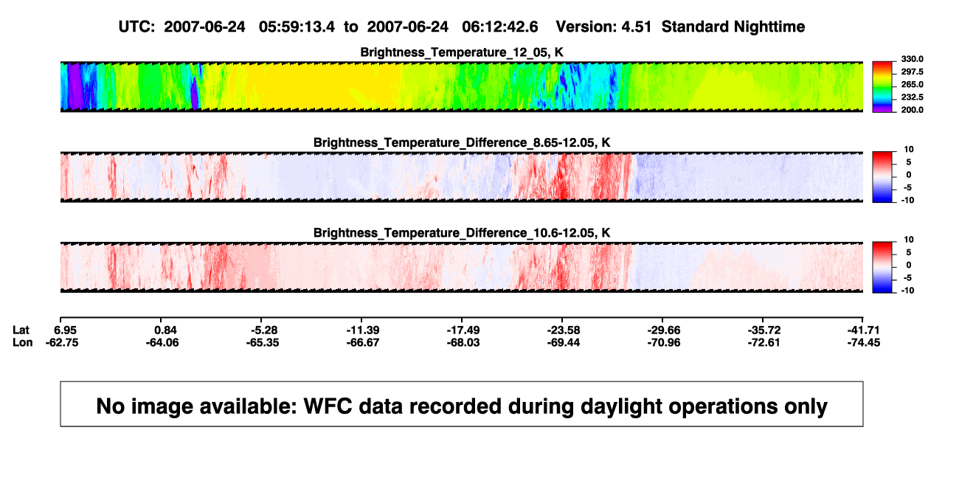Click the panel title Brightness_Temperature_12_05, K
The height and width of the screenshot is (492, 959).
pos(462,52)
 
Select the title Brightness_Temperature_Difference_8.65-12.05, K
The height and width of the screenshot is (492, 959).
pos(462,142)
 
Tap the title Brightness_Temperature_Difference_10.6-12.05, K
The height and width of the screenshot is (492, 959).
pos(462,233)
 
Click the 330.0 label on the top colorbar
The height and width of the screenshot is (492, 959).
pos(912,59)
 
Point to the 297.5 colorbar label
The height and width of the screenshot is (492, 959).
pos(912,72)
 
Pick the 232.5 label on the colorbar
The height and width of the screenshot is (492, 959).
pos(912,97)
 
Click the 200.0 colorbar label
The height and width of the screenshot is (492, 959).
pos(912,110)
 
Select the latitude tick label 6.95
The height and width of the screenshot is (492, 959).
pos(65,330)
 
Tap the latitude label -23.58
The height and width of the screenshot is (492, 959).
pos(564,330)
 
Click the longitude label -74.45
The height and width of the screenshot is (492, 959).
pos(864,342)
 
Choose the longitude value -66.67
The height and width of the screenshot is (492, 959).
pos(363,342)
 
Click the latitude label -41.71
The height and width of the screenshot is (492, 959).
pos(864,330)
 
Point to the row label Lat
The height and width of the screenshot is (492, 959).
pos(21,330)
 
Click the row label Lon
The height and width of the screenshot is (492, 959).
pos(23,342)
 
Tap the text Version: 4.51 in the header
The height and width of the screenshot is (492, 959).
pos(603,27)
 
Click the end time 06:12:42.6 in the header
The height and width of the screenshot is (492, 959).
pos(500,27)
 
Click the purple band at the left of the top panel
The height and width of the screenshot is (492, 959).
pos(75,86)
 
